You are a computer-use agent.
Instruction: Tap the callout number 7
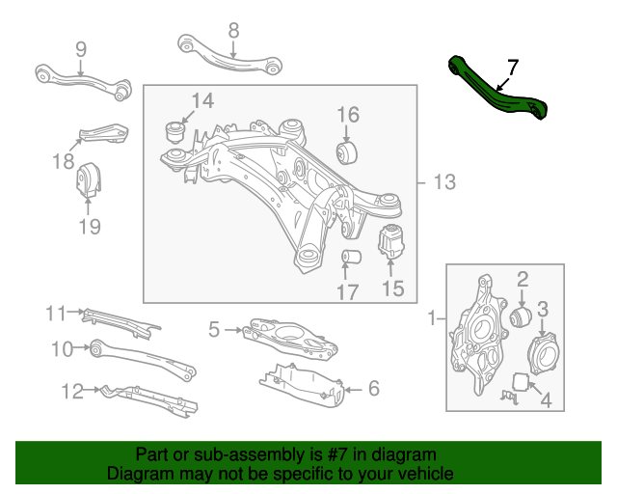512,68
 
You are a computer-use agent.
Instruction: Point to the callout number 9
80,48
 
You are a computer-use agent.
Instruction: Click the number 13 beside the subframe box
443,182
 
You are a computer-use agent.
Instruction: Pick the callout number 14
201,101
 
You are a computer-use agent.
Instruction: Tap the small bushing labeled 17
352,259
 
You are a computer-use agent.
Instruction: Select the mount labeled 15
391,240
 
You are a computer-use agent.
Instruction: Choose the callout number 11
55,313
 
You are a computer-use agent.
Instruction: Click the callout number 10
63,348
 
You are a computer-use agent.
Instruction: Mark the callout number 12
72,391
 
